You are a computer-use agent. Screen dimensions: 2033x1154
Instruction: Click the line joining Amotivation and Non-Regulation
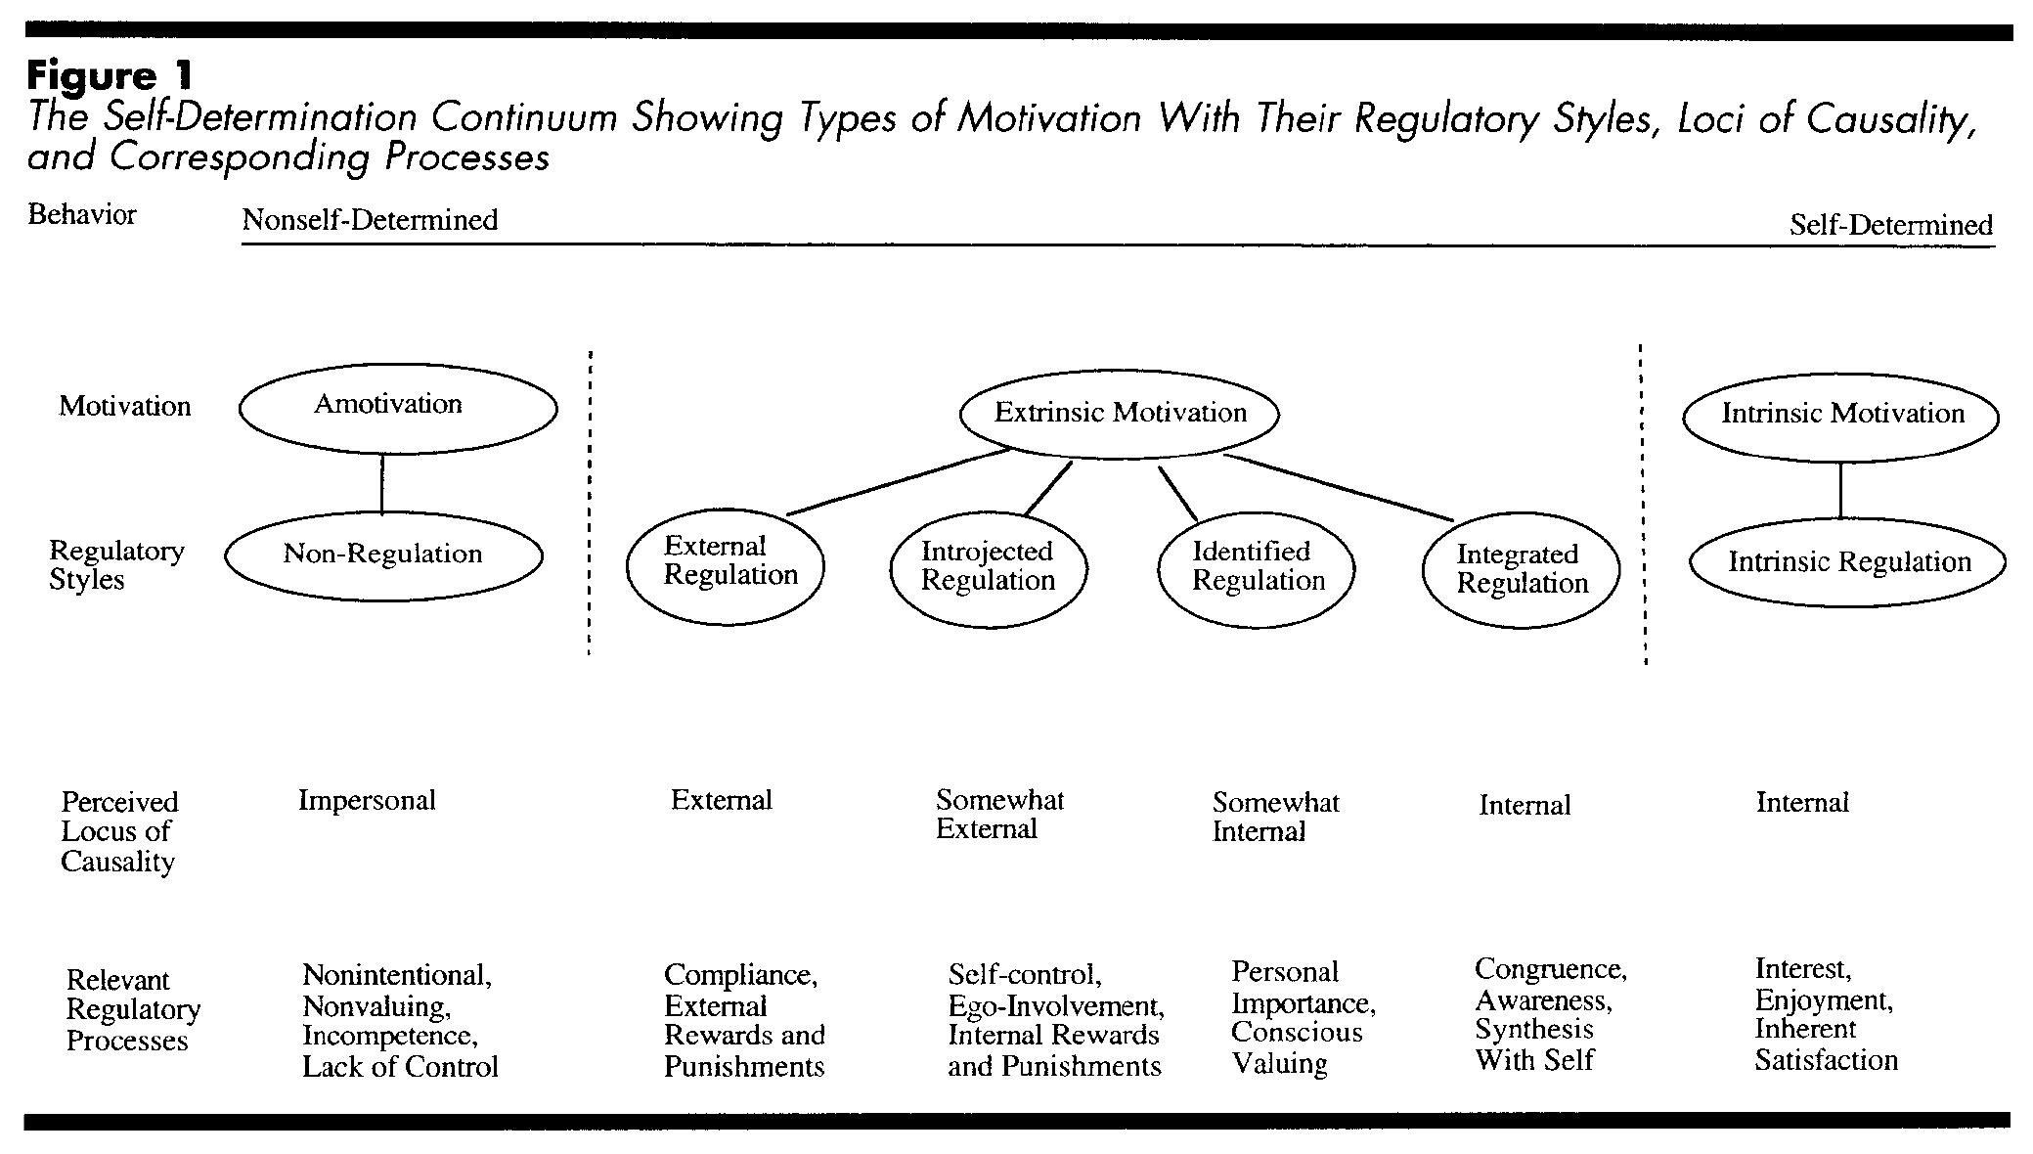tap(381, 483)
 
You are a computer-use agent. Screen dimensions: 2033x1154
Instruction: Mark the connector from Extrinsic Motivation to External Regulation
tap(899, 481)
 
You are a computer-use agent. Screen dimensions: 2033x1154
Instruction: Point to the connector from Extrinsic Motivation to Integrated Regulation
tap(1339, 487)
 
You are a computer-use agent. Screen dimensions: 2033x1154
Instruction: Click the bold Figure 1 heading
tap(110, 75)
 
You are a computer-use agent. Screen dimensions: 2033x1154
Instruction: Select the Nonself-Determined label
tap(370, 220)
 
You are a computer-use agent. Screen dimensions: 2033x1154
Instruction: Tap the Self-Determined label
tap(1891, 225)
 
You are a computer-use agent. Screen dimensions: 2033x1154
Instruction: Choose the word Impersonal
tap(367, 801)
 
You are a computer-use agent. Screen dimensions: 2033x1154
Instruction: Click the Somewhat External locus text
tap(999, 815)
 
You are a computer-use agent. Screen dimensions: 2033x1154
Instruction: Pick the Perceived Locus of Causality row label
tap(119, 831)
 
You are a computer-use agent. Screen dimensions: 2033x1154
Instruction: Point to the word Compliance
tap(740, 975)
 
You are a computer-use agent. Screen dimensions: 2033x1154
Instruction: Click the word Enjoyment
tap(1824, 1000)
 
